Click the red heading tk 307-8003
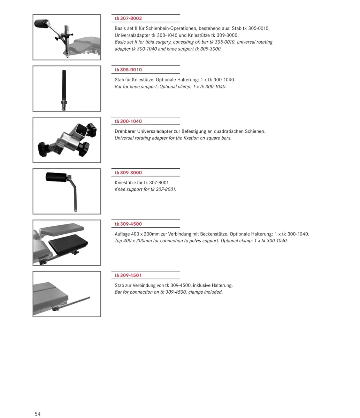point(128,18)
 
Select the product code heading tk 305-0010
point(128,70)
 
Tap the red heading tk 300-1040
point(128,121)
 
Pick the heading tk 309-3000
point(128,173)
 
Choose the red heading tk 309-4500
point(128,224)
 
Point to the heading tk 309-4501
point(128,276)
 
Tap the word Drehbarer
point(125,131)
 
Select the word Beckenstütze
point(214,234)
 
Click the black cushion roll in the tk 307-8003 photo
point(41,23)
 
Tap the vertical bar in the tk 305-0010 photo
point(64,90)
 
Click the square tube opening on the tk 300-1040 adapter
point(82,129)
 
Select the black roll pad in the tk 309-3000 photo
point(56,177)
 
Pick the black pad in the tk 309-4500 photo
point(68,244)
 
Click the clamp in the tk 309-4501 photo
point(55,308)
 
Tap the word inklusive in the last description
point(202,285)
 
